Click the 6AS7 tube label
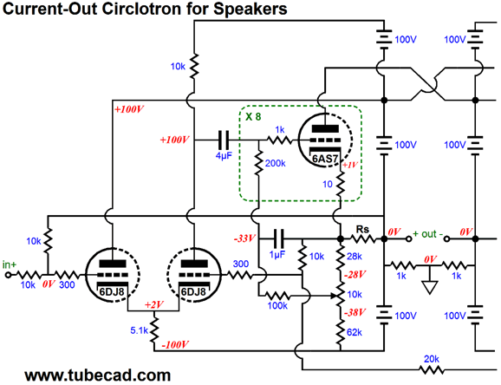[325, 159]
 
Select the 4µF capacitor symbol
[224, 140]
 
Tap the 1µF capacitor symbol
[277, 238]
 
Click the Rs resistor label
[362, 229]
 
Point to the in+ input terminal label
[10, 264]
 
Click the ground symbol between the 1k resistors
[430, 287]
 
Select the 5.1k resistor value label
[140, 330]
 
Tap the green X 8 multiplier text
[253, 117]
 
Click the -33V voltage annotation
[245, 238]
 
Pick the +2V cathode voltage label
[154, 304]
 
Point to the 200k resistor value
[276, 163]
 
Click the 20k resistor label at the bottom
[432, 359]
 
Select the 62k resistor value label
[355, 333]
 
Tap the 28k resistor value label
[355, 256]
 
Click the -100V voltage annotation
[175, 345]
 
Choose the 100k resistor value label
[277, 306]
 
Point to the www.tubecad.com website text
[98, 375]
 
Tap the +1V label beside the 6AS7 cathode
[350, 166]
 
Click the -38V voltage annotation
[355, 312]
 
